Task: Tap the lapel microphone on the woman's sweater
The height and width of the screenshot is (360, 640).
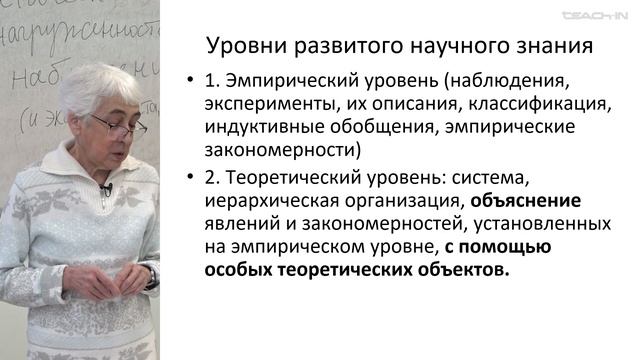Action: (x=106, y=189)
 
